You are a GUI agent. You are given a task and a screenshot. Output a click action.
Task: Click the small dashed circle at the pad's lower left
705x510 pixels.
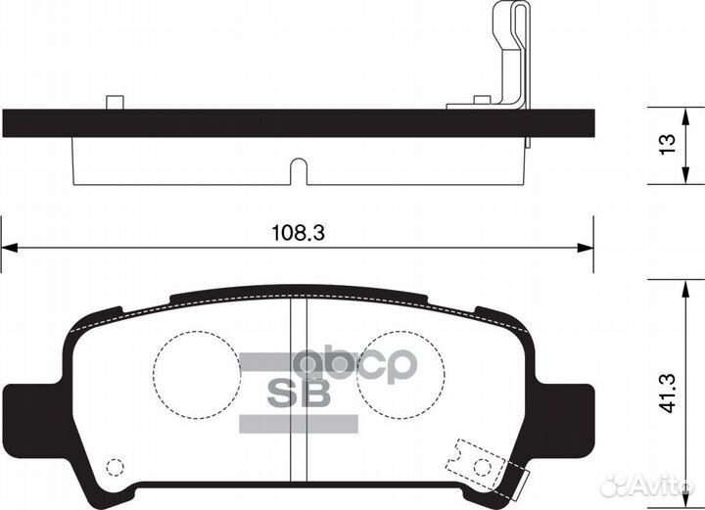(x=116, y=467)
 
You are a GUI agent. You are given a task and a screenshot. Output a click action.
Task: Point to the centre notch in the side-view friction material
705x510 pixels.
(x=299, y=173)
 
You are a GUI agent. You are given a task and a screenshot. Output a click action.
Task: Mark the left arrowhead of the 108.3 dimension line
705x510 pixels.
(x=8, y=248)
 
